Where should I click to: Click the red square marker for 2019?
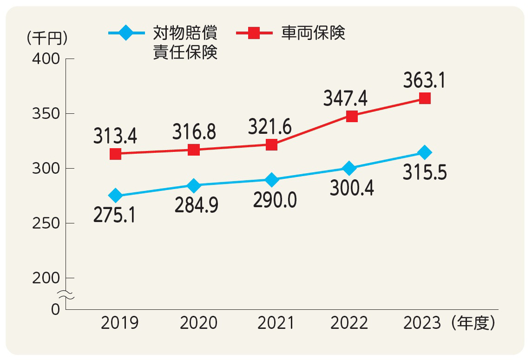(x=116, y=154)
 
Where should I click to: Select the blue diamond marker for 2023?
(x=424, y=152)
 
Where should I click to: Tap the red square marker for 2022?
(x=352, y=116)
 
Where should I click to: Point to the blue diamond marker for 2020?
(x=194, y=185)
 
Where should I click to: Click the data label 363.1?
(x=424, y=80)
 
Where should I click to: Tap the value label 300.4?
(x=352, y=188)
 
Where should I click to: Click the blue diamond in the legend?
(x=126, y=33)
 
